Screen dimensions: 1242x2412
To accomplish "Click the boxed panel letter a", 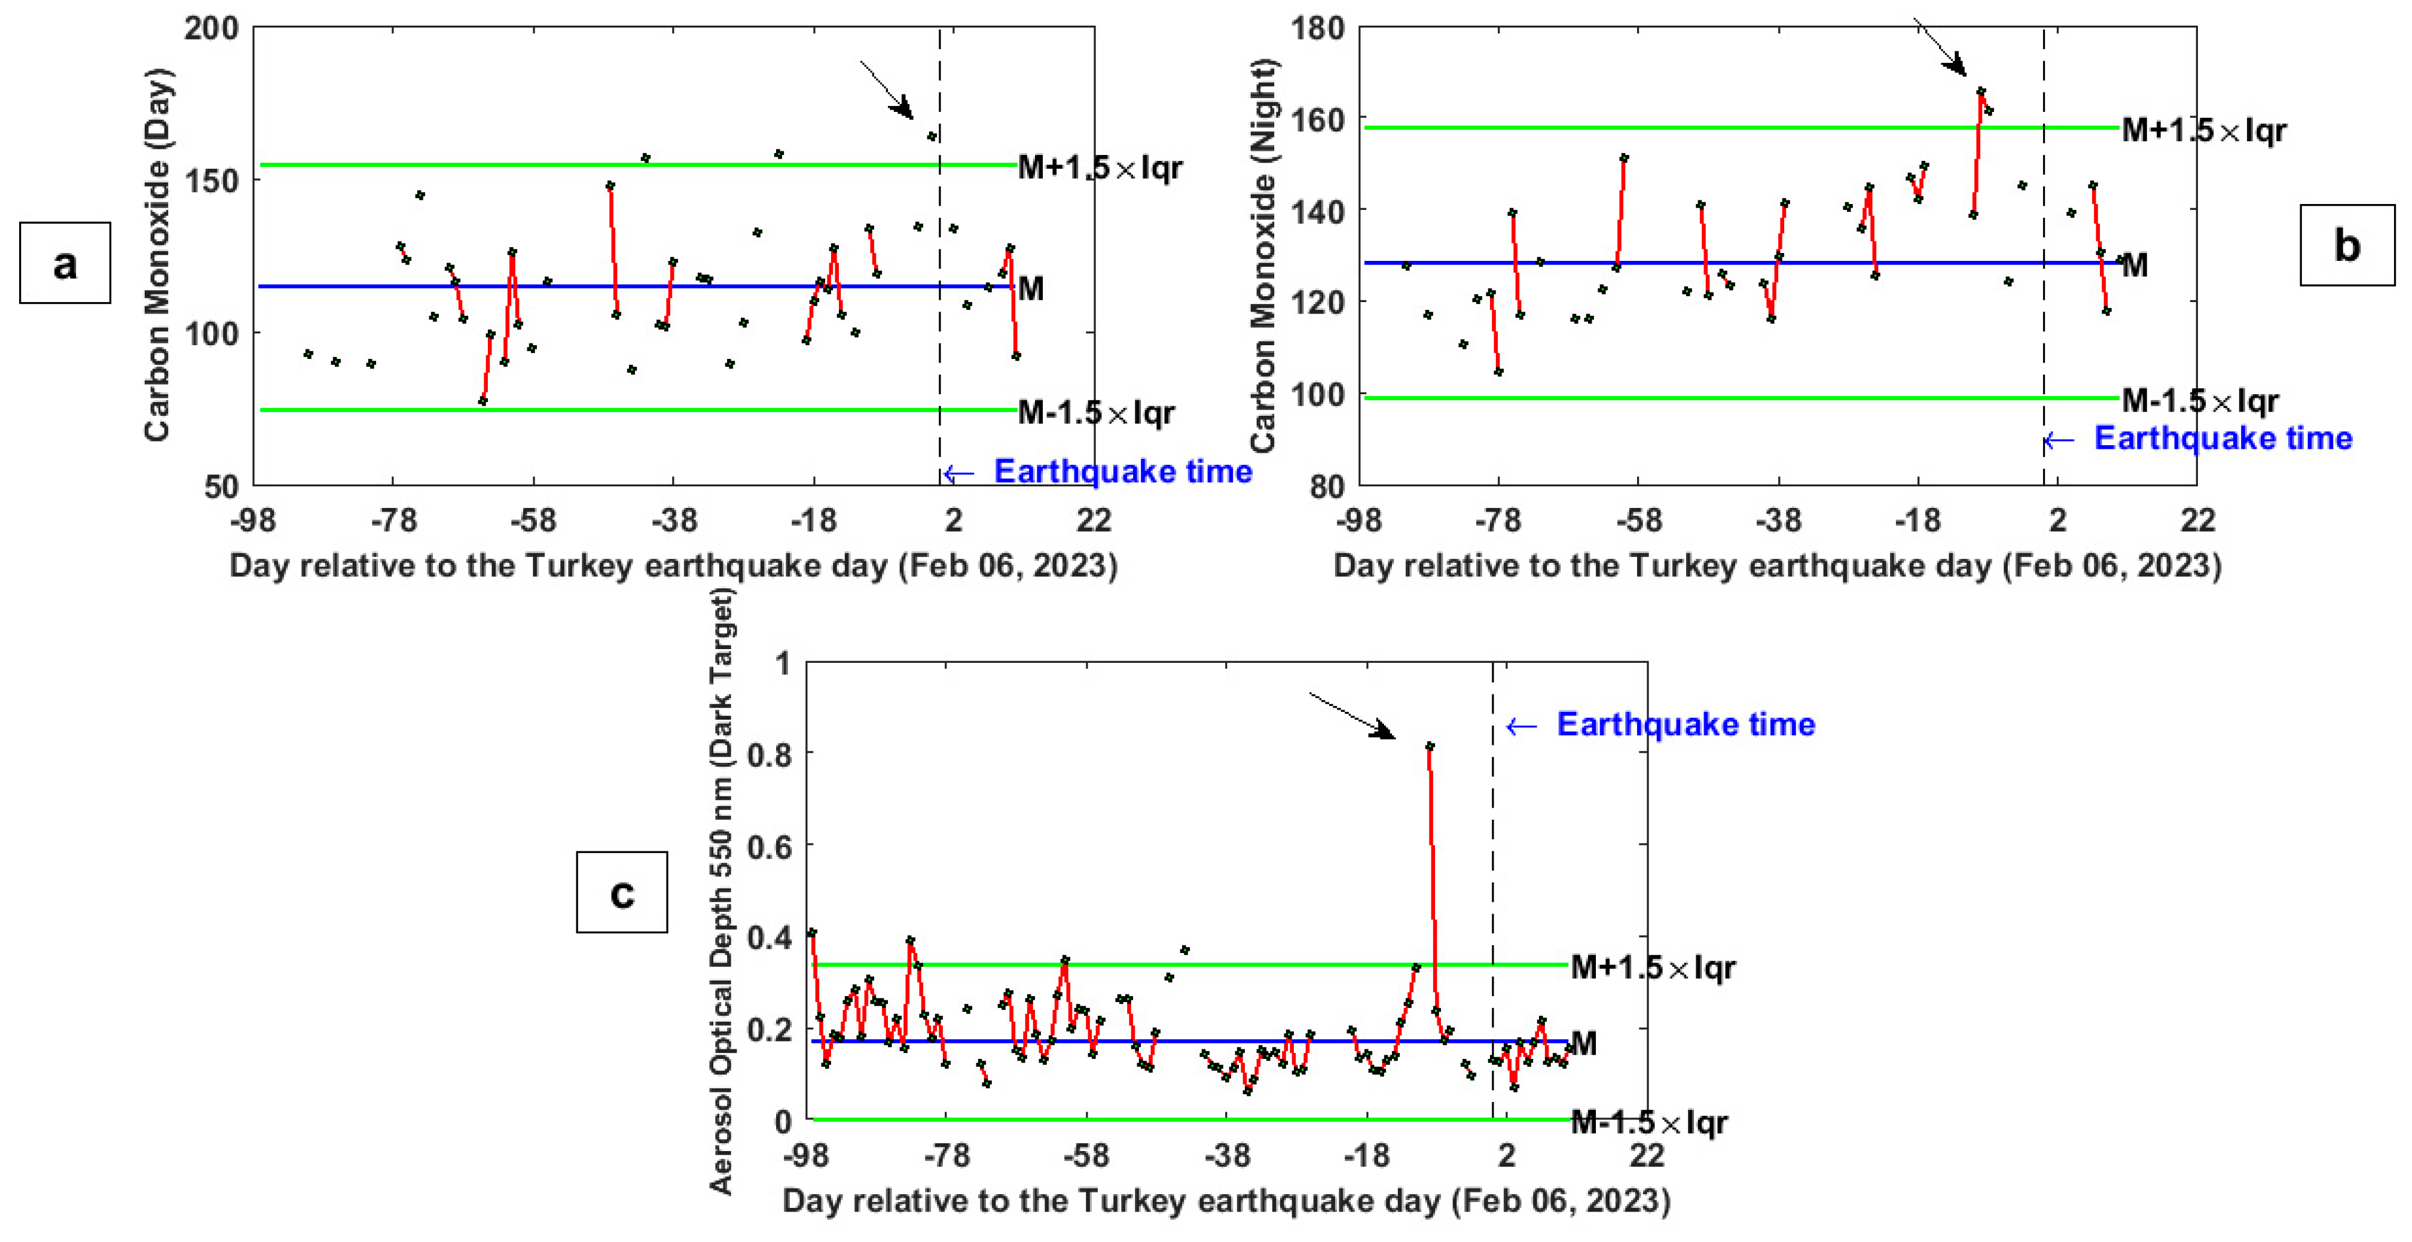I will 65,263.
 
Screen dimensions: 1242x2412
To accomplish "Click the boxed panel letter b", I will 2346,245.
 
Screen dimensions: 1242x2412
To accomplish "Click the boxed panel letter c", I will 622,893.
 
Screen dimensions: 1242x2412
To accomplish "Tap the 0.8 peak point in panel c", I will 1430,747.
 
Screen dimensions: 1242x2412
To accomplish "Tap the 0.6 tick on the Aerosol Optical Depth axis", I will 769,847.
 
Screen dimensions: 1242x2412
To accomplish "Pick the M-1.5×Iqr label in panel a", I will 1095,412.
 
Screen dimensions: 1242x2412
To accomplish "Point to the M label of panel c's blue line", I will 1583,1043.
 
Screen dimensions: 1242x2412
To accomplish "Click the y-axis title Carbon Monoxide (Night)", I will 1263,255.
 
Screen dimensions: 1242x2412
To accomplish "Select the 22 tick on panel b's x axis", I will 2197,520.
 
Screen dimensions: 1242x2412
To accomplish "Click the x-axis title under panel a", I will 673,566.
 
